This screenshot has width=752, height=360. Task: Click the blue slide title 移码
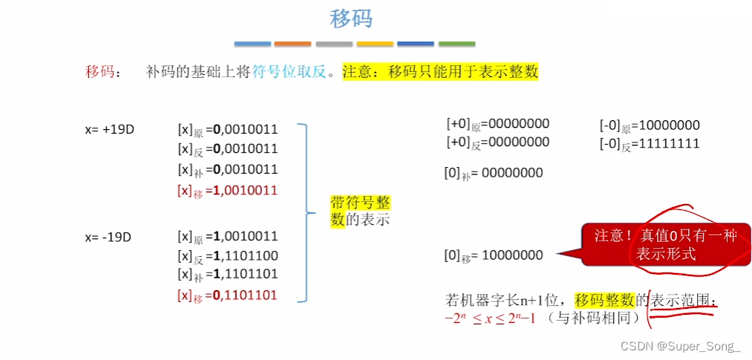coord(351,19)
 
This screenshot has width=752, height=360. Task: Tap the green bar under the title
coord(457,44)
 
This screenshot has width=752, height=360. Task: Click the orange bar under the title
coord(292,44)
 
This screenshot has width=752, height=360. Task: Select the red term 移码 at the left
coord(100,72)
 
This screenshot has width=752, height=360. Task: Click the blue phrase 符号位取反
coord(290,72)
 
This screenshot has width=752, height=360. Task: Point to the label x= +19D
coord(108,128)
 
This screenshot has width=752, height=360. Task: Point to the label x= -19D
coord(108,237)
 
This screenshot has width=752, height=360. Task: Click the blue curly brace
coord(304,213)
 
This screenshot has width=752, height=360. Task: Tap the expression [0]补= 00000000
coord(493,174)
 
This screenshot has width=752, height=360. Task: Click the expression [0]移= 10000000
coord(493,255)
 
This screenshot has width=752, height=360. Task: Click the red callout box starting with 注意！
coord(664,244)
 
